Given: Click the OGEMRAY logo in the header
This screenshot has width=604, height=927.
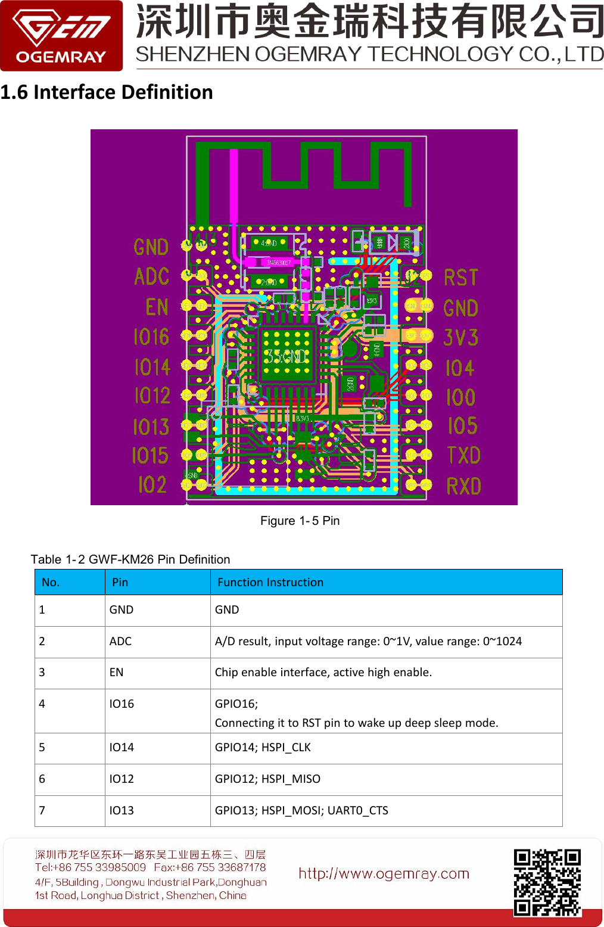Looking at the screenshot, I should pos(61,36).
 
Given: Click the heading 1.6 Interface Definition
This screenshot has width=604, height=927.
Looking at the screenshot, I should pos(107,92).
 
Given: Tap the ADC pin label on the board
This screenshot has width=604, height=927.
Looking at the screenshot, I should pos(151,276).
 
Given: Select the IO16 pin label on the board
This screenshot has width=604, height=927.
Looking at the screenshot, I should pos(151,337).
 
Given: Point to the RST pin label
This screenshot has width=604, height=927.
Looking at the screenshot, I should pos(460,278).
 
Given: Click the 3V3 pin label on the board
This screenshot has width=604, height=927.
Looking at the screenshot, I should pos(460,338).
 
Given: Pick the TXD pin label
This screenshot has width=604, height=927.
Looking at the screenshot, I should pos(463,456).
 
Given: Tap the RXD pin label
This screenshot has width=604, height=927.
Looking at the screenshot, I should pos(463,487).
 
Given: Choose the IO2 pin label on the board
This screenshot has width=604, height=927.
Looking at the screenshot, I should pos(152,485).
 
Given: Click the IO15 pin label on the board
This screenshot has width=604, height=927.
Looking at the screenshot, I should pos(150,456).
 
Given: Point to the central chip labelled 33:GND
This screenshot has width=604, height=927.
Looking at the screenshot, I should pos(287,356).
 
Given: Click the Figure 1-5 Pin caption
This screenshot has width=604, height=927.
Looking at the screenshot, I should pos(300,521).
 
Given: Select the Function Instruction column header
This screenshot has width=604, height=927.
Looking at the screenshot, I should pos(270,582).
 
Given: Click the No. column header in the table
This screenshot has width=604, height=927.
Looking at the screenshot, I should pos(51,582).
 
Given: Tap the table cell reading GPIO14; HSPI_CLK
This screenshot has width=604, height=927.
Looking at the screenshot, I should pos(263,747).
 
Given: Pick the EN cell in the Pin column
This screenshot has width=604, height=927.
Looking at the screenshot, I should pos(116,672).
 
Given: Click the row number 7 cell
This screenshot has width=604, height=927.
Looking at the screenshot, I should pos(42,810).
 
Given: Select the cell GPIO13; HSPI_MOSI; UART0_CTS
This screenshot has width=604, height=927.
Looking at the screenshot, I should pos(301,810).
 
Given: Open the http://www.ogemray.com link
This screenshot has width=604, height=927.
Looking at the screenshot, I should pos(384,873).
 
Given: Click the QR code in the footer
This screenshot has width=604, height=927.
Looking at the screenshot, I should pos(547,882).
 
